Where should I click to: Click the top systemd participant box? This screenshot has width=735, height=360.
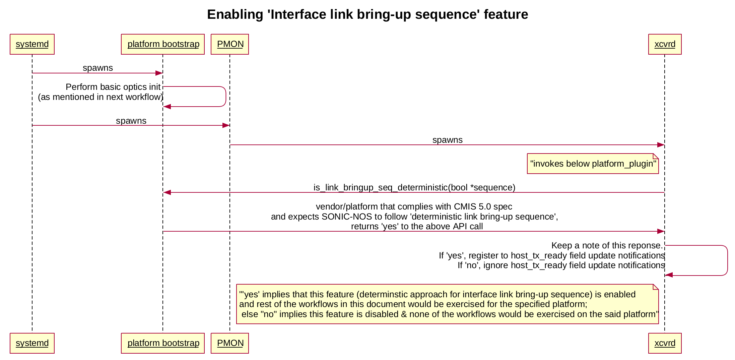(x=32, y=44)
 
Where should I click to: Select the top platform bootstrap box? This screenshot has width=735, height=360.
(x=163, y=44)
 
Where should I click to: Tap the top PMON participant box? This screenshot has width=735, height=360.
(x=230, y=44)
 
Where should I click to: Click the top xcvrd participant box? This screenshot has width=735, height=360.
(x=665, y=44)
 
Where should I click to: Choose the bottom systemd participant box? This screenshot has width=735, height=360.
(x=32, y=343)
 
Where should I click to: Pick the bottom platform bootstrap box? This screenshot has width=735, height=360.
(x=163, y=343)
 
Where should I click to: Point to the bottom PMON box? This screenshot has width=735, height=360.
(x=230, y=343)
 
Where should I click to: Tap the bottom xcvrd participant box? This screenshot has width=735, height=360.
(x=665, y=343)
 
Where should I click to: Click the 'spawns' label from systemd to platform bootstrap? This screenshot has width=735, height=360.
(x=97, y=68)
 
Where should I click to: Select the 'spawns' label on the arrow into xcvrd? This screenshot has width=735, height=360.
(x=447, y=140)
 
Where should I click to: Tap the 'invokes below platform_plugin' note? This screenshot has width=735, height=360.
(x=593, y=164)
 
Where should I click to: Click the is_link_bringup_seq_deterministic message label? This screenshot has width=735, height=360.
(x=414, y=187)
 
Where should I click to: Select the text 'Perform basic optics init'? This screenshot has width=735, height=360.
(x=113, y=87)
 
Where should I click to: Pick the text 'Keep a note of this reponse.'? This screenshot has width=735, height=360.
(x=607, y=246)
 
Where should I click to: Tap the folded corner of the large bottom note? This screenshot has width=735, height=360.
(x=656, y=287)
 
